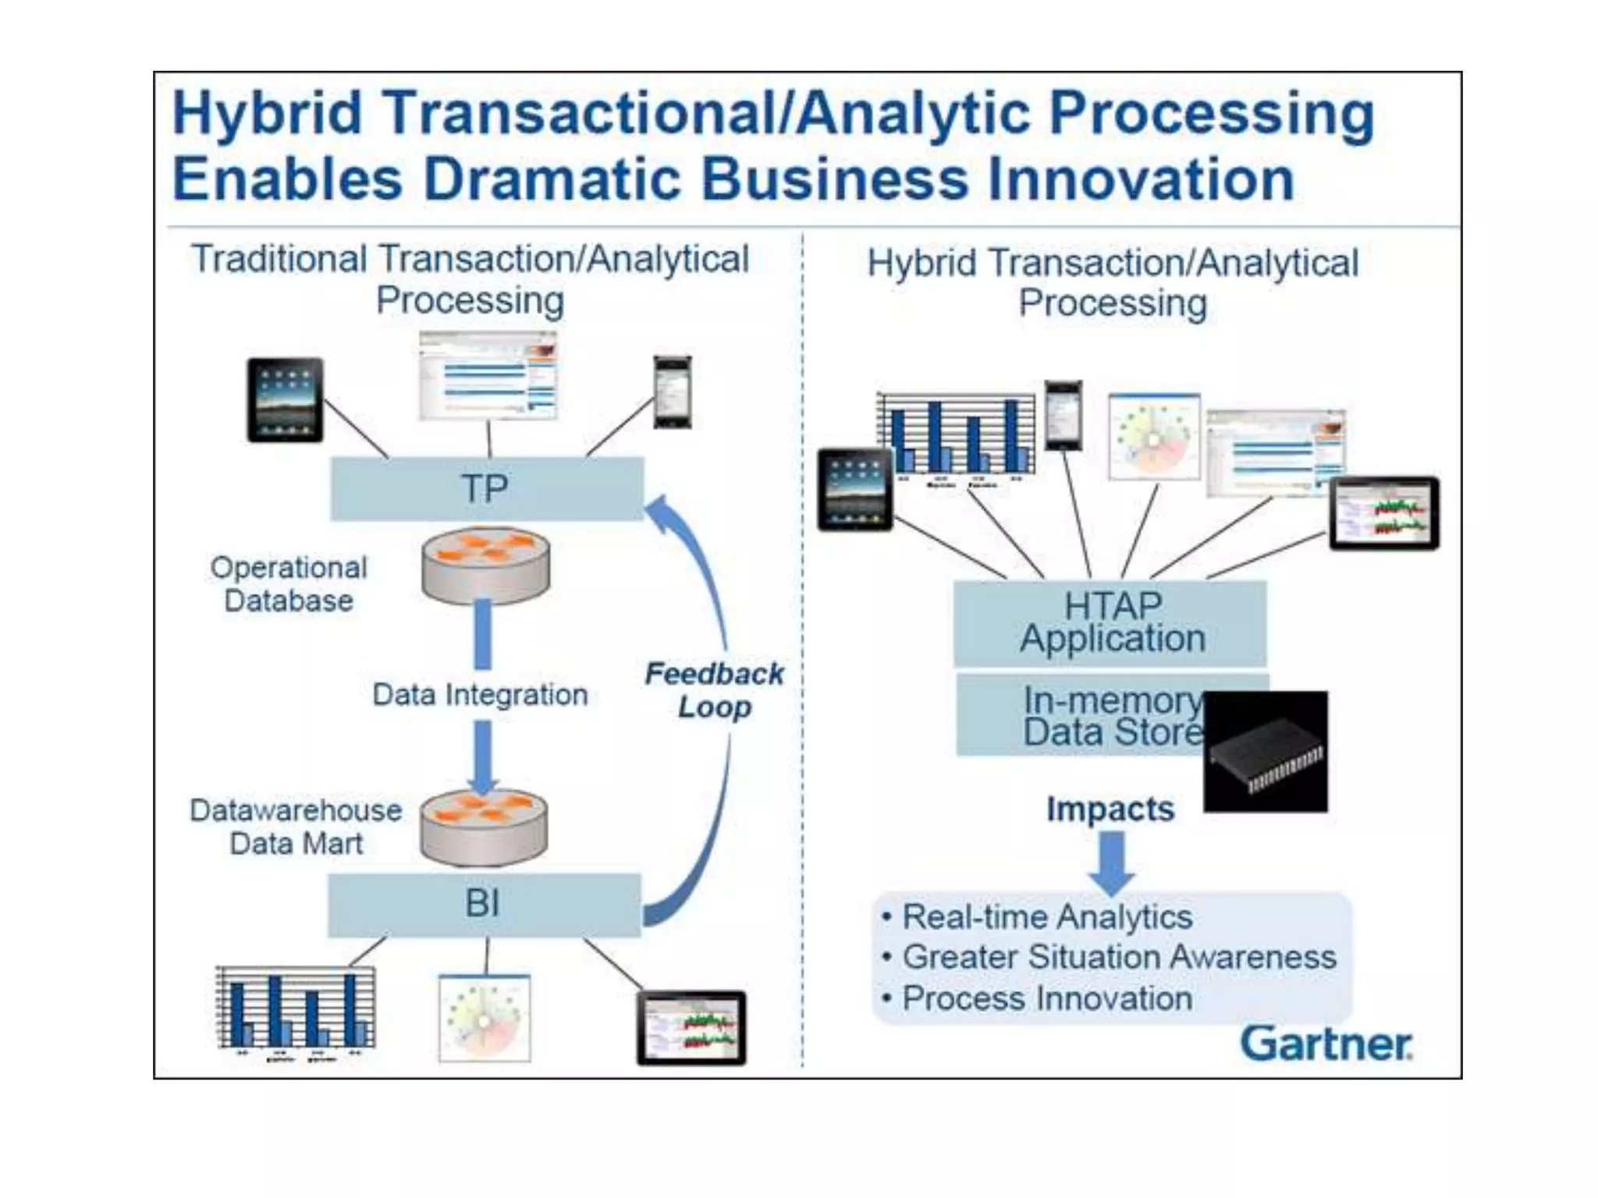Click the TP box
487,489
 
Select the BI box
484,905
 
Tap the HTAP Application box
1111,622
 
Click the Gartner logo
1326,1044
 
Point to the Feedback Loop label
713,690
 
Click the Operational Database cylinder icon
485,565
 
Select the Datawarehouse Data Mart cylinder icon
484,828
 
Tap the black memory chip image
1265,752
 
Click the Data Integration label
480,694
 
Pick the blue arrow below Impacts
1111,861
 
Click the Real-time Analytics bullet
1046,917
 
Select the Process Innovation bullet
1046,998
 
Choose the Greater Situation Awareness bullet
1118,958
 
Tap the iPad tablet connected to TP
285,400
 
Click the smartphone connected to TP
672,392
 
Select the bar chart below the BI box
295,1011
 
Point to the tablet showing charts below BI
691,1028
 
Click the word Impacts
1110,809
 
